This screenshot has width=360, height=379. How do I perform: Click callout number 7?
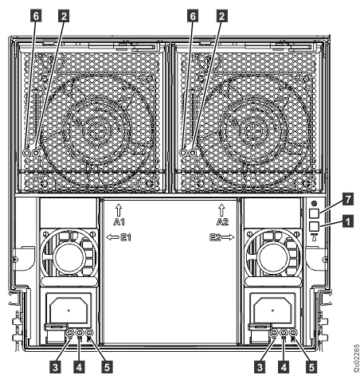coord(348,199)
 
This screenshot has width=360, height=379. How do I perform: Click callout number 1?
coord(348,221)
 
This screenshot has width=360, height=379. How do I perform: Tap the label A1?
coord(119,221)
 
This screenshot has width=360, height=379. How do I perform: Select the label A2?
coord(222,221)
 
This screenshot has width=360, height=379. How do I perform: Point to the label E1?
coord(126,237)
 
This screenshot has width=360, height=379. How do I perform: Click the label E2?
coord(215,237)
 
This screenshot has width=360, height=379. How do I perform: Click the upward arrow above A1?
coord(119,210)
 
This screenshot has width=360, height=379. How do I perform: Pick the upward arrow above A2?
coord(221,210)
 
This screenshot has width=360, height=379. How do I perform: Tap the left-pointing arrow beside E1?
coord(113,237)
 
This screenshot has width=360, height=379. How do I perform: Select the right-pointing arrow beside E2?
coord(228,237)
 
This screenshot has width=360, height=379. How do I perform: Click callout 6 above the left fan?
coord(36,16)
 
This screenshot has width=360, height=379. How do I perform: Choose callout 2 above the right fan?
coord(221,16)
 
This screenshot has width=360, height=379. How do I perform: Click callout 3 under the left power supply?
coord(55,368)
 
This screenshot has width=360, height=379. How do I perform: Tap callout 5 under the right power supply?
coord(311,368)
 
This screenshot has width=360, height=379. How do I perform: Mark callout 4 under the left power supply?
coord(79,368)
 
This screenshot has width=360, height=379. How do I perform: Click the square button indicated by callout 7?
coord(315,213)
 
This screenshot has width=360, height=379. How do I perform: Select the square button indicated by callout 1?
coord(315,226)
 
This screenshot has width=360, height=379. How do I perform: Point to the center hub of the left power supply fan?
coord(69,257)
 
